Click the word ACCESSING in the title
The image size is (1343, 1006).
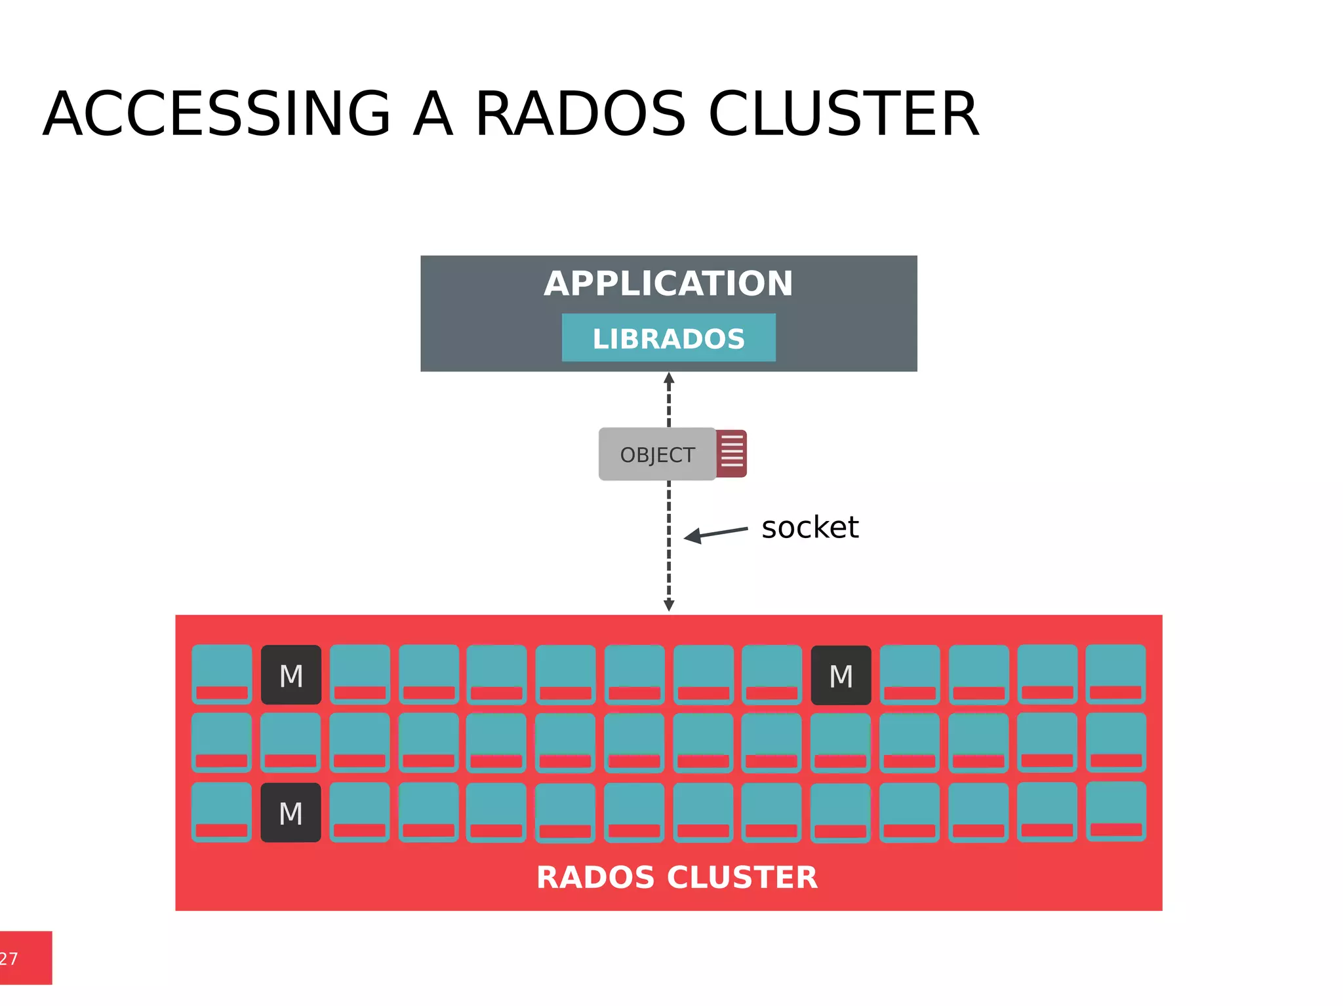216,115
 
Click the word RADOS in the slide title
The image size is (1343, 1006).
580,115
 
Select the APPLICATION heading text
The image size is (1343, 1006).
668,284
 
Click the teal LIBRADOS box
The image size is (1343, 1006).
668,338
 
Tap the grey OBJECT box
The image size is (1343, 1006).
657,454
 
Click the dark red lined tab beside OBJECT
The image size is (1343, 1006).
732,454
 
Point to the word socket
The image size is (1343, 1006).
810,528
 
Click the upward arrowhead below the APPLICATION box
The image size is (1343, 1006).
669,379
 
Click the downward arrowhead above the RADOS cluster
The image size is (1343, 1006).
669,605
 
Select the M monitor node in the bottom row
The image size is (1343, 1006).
291,813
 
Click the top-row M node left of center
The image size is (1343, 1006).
291,675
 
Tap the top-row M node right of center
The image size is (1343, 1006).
841,675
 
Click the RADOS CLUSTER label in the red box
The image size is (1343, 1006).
677,878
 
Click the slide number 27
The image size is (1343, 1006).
9,959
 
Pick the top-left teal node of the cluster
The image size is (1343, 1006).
222,674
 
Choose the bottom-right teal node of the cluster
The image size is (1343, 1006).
1115,811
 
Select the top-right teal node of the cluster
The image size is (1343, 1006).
1115,674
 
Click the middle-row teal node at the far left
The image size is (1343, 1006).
222,743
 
